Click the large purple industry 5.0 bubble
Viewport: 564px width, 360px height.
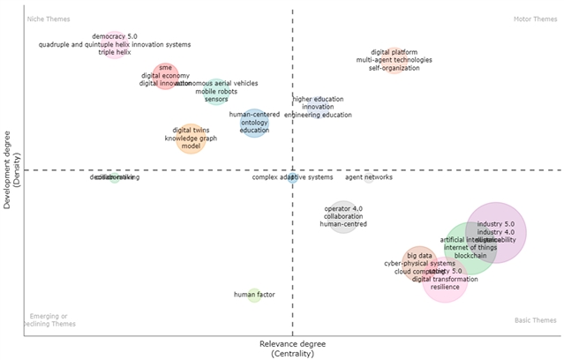pos(496,232)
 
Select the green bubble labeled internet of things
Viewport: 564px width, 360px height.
pos(468,251)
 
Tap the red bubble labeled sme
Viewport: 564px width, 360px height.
pos(165,76)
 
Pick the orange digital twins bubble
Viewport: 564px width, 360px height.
pos(191,138)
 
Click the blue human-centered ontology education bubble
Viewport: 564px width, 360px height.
pos(254,123)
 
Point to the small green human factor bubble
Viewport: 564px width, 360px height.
pos(254,295)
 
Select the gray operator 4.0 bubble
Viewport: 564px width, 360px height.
pos(343,216)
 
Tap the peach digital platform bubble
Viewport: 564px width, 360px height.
pos(394,60)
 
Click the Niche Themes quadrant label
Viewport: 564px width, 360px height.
pos(49,19)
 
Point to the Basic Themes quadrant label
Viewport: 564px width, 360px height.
pos(535,320)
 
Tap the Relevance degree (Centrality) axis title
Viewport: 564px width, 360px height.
pos(292,348)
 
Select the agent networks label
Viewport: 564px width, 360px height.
pos(369,177)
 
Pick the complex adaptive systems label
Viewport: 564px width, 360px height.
pos(292,177)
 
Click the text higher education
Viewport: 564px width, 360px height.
pos(318,99)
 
